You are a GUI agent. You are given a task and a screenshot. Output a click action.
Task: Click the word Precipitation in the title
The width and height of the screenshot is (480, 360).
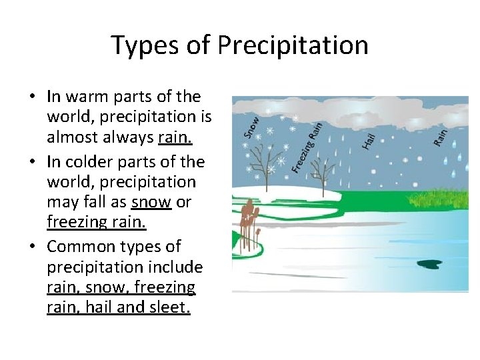pos(293,45)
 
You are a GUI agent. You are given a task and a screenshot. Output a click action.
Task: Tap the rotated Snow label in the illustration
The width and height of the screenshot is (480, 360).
pos(251,127)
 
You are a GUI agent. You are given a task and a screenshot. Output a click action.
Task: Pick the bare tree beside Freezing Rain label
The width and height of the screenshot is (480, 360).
pos(323,175)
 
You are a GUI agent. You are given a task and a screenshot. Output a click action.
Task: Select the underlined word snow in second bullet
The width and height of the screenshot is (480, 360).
pos(151,202)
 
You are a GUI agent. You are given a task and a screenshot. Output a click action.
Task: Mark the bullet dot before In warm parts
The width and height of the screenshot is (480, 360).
pos(33,97)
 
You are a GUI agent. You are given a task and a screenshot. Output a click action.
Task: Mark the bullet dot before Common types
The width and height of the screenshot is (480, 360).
pos(33,247)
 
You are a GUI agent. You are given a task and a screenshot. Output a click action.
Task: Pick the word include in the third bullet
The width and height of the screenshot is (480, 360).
pos(172,267)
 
